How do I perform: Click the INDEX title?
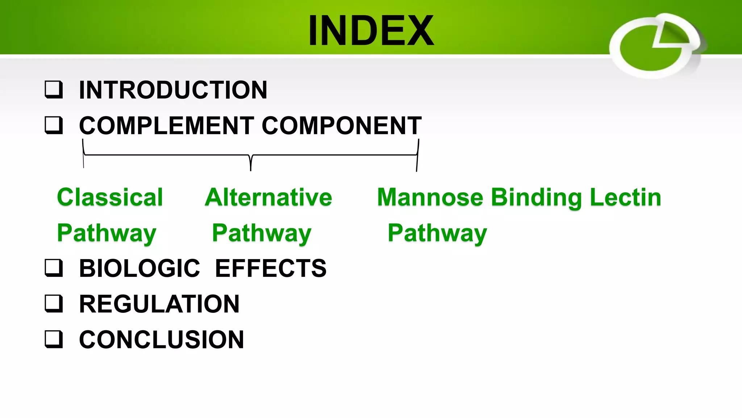tap(371, 30)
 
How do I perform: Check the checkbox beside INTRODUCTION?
tap(54, 90)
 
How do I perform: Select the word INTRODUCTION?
tap(173, 90)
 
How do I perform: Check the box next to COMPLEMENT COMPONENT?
tap(54, 126)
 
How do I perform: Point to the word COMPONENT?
tap(342, 126)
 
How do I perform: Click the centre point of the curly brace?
tap(251, 160)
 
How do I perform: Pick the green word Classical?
tap(110, 197)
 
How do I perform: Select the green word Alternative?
tap(268, 197)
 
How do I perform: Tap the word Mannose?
tap(430, 197)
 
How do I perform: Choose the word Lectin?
tap(626, 197)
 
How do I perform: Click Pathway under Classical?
tap(107, 233)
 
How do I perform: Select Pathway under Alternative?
tap(262, 233)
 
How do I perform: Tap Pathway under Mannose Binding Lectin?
tap(437, 233)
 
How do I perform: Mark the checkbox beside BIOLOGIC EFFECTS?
tap(54, 268)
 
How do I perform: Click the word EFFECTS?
tap(271, 269)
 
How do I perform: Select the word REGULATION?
tap(159, 304)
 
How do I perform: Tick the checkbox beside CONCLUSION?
tap(54, 339)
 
